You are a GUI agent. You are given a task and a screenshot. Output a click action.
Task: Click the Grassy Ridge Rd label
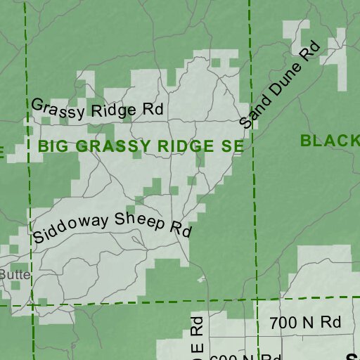click(97, 108)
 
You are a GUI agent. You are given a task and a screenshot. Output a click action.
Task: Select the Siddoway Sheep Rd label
click(112, 226)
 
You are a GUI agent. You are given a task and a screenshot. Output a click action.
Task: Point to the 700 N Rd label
click(305, 323)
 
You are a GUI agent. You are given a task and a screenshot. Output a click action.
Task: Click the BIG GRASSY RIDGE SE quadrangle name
click(141, 146)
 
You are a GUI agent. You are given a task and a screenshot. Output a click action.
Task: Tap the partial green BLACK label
click(329, 141)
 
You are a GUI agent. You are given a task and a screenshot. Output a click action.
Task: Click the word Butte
click(15, 274)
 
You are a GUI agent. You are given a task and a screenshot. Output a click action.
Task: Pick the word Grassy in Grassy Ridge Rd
click(58, 107)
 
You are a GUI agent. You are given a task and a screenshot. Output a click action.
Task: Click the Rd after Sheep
click(180, 229)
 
